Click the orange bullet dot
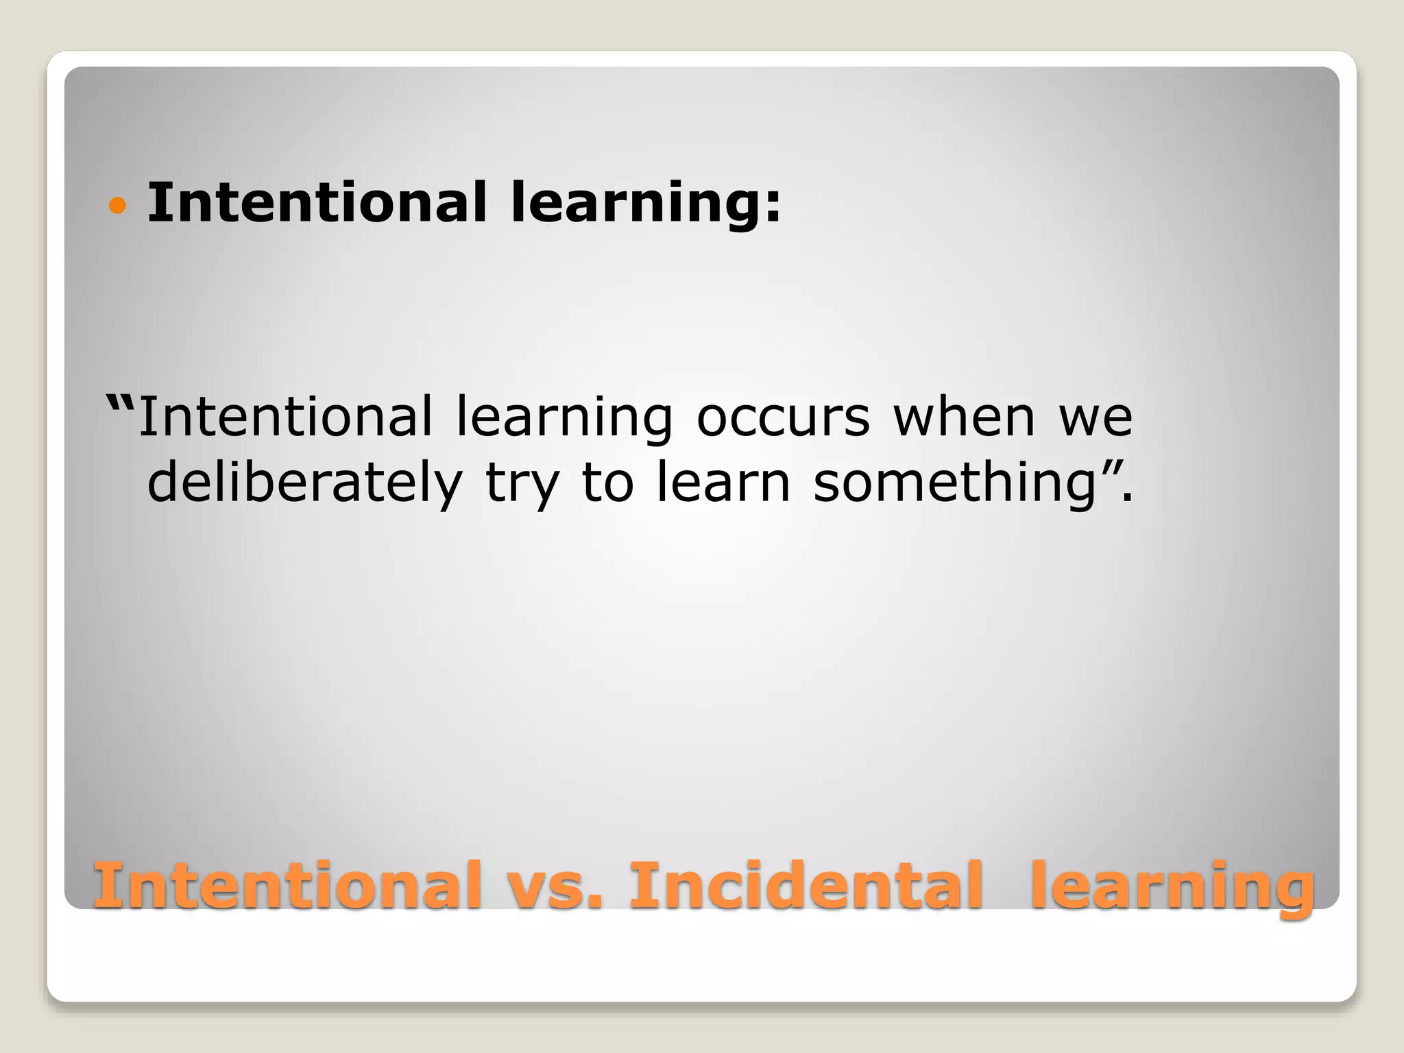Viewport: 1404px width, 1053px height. coord(118,205)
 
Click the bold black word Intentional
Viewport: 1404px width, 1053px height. coord(317,202)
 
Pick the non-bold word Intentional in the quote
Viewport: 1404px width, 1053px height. coord(286,416)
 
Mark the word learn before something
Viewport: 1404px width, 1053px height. coord(723,482)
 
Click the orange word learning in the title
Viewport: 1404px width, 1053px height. coord(1172,887)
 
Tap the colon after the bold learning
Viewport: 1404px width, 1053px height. coord(773,206)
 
